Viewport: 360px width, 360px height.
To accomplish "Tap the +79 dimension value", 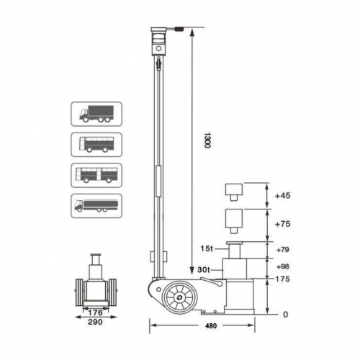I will [x=282, y=251].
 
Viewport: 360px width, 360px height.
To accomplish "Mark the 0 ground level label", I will [x=285, y=315].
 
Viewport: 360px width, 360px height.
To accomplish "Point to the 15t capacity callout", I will [x=206, y=249].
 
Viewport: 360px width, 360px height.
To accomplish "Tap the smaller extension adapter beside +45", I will [x=233, y=192].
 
